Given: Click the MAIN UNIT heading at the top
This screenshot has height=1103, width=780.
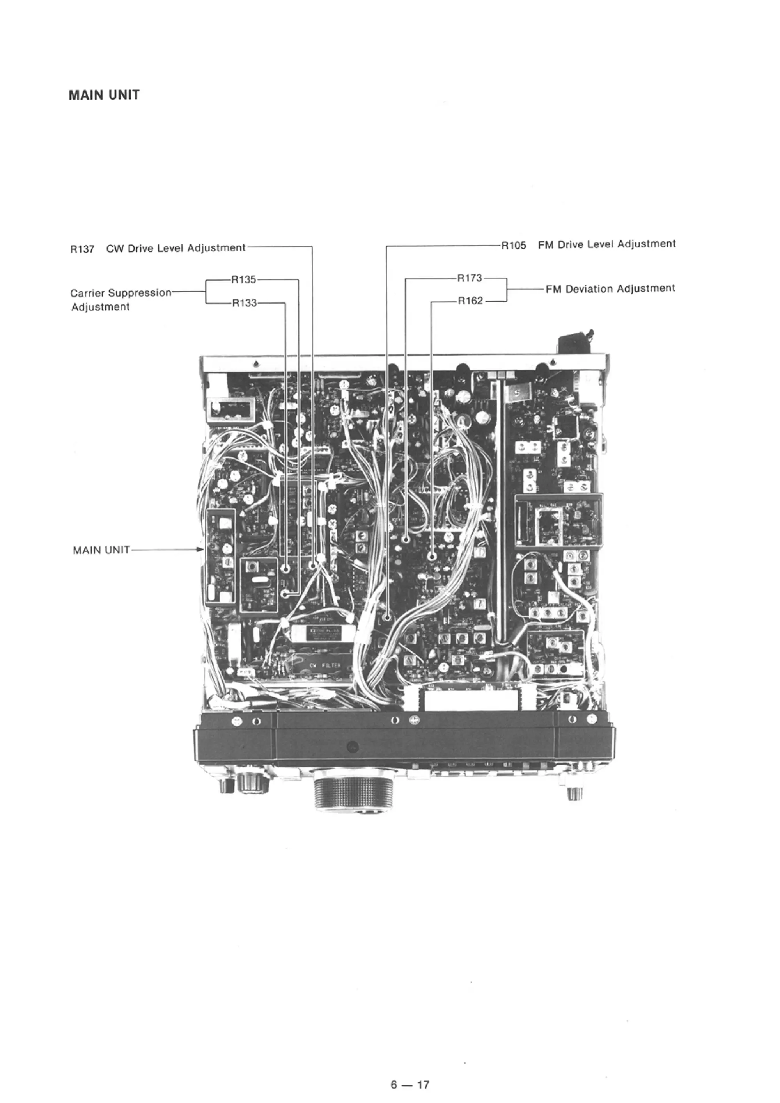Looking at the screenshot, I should (104, 95).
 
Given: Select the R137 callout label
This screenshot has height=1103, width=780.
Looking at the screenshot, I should (82, 249).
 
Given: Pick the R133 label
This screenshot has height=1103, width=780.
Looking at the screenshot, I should (245, 303).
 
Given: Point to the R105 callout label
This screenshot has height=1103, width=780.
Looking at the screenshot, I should (514, 246).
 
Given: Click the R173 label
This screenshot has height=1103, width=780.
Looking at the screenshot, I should (469, 278).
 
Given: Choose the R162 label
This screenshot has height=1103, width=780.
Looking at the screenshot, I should (470, 301).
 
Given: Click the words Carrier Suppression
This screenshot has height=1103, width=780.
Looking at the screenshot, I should (121, 293).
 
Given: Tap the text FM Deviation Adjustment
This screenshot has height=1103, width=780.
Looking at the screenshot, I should (610, 289).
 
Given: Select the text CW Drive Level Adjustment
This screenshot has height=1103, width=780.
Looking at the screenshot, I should (176, 248).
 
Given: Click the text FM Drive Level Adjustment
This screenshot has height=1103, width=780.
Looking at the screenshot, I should (606, 244).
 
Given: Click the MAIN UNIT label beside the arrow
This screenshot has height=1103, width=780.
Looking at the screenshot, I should (101, 550).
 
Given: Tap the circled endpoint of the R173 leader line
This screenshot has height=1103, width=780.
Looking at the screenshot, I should (406, 540).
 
